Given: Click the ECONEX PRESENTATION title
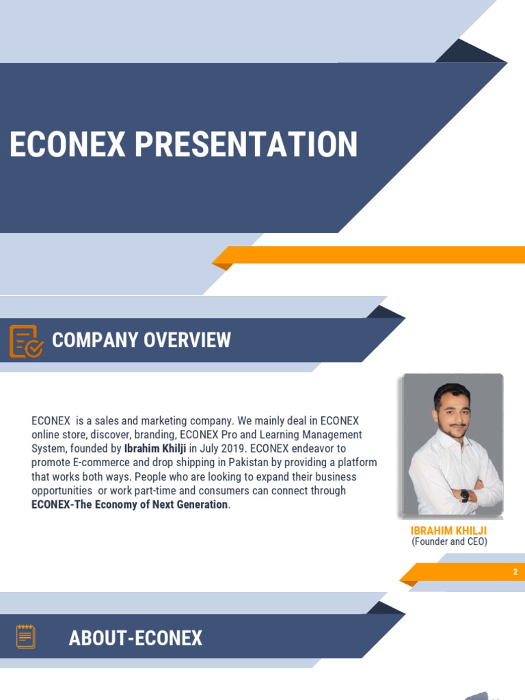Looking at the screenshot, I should coord(183,145).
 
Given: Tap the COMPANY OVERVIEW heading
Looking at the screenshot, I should coord(142,340).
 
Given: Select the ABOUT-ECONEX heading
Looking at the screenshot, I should coord(135,638).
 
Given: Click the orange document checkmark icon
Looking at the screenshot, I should coord(26,341).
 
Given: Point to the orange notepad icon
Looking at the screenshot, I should coord(26,636).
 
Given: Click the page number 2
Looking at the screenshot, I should coord(515,572).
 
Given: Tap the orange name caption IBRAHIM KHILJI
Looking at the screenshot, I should coord(448,530).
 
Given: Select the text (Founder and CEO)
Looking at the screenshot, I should coord(449,542).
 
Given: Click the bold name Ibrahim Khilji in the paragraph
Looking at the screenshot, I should coord(155,448).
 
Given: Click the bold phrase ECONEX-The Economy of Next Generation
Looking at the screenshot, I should coord(130,504).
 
